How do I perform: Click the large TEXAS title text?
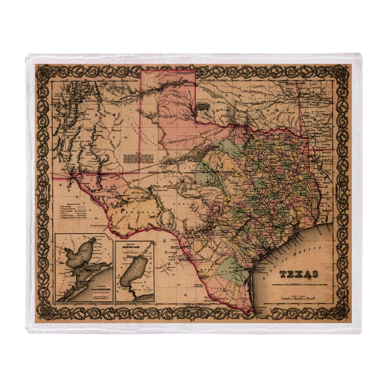coord(299,274)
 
